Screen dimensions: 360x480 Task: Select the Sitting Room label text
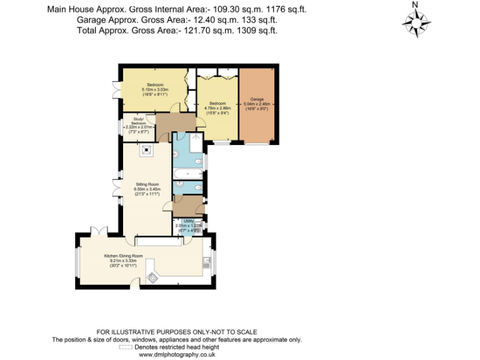pos(147,184)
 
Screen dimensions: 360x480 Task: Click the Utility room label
pos(188,221)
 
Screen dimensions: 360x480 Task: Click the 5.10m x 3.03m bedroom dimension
pos(155,91)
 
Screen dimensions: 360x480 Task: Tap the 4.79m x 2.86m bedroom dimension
pos(217,108)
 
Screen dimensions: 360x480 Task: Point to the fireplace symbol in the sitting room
pos(146,150)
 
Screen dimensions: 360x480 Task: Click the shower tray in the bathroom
pos(196,142)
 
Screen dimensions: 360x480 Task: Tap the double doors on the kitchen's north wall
pos(99,231)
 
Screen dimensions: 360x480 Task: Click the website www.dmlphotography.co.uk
pos(177,354)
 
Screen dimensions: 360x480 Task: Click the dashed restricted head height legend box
pos(126,347)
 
